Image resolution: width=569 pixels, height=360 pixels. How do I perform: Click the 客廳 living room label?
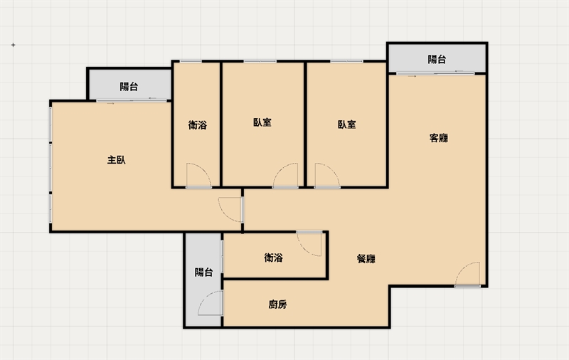(x=438, y=138)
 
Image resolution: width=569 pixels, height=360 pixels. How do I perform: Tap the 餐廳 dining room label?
(x=366, y=259)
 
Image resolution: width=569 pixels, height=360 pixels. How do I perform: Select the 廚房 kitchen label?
(x=277, y=304)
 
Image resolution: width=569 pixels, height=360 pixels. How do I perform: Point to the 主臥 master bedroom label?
(x=117, y=159)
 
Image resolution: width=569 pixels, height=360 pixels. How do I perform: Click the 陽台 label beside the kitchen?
(x=203, y=272)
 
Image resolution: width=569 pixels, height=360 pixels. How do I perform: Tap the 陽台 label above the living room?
(x=437, y=59)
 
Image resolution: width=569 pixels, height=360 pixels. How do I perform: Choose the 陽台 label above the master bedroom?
(x=129, y=86)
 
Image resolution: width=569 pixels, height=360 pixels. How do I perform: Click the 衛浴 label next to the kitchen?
(x=273, y=258)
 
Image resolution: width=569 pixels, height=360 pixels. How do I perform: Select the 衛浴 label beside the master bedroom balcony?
(x=198, y=125)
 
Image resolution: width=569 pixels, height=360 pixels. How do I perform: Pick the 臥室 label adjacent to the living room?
(x=346, y=125)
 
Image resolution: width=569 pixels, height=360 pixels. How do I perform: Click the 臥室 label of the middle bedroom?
(x=262, y=122)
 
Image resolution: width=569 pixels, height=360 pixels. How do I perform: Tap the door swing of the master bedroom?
(x=225, y=214)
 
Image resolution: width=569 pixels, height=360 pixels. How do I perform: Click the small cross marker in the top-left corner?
(x=13, y=45)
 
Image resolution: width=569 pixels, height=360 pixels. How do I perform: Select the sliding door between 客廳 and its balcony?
(x=435, y=74)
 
